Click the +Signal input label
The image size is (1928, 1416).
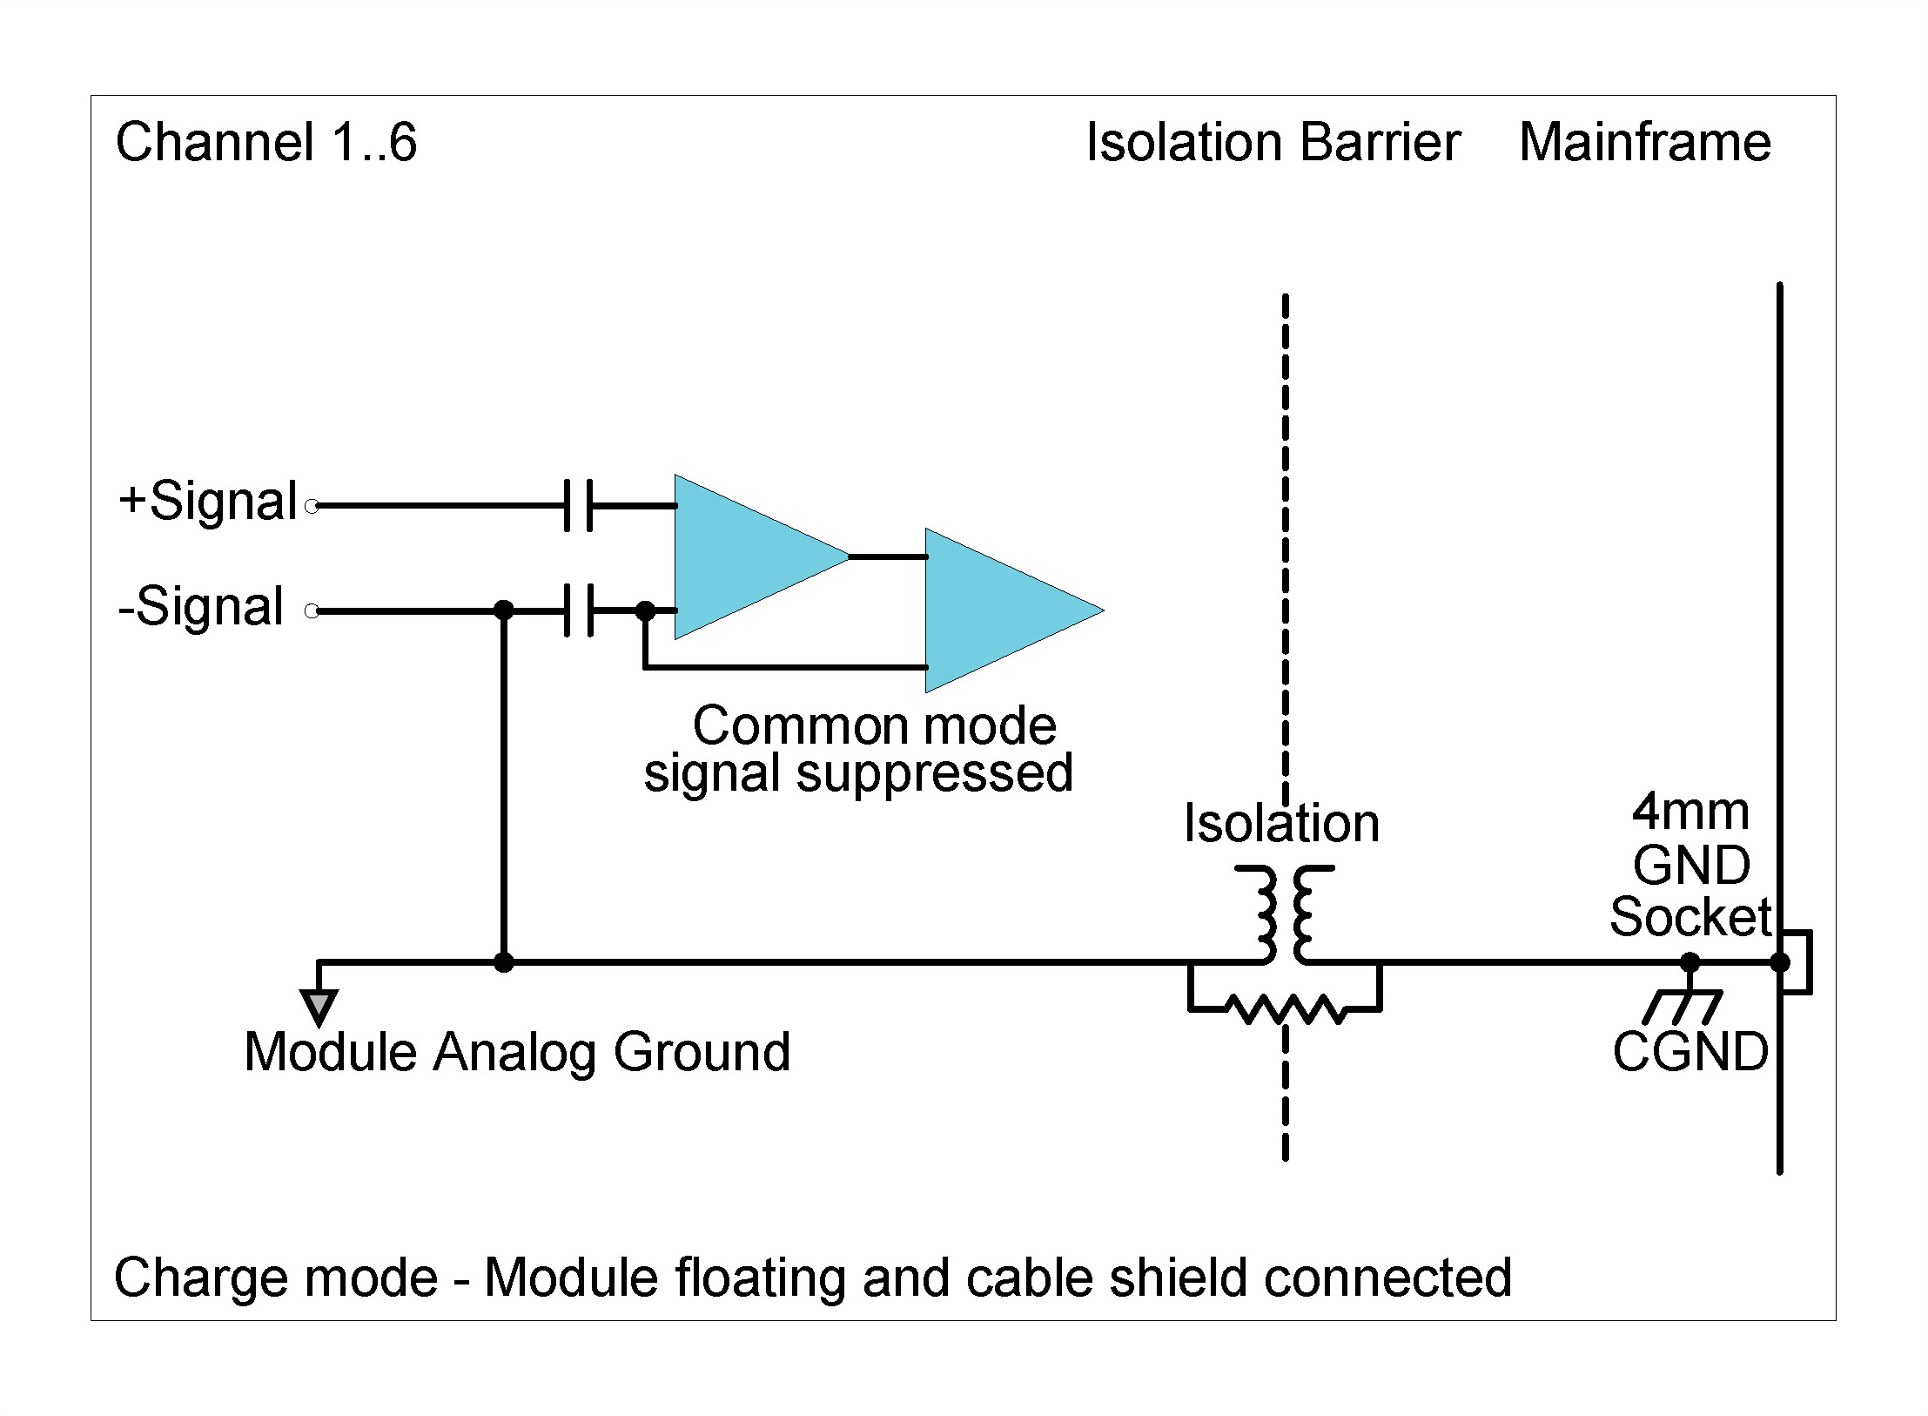209,502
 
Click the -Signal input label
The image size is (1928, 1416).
201,607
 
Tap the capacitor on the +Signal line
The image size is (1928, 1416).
578,505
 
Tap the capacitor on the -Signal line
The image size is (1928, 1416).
578,610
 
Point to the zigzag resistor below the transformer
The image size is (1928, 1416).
1285,1010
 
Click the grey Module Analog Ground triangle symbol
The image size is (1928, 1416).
319,1007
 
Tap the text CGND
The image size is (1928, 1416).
1690,1052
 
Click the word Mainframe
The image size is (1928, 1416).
1644,142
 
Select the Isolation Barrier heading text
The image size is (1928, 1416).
1273,142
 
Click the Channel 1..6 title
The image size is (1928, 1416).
266,142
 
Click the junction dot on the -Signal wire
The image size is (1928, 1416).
503,610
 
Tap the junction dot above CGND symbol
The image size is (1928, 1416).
1690,962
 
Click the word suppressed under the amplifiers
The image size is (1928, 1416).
934,772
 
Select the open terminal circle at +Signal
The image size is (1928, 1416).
312,506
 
